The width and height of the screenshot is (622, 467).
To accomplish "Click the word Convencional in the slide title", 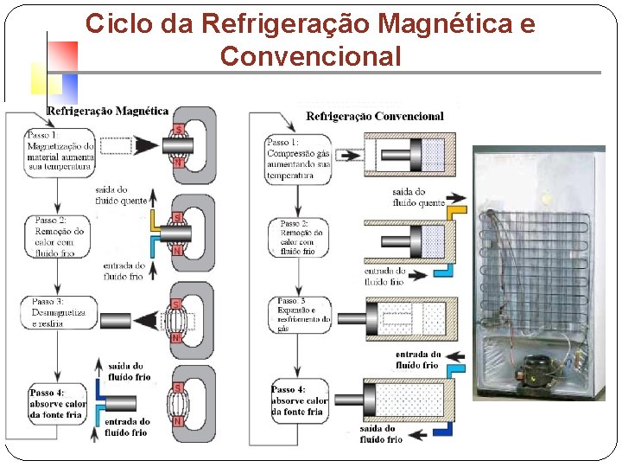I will coord(311,56).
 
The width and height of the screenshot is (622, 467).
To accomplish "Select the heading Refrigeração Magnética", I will coord(107,111).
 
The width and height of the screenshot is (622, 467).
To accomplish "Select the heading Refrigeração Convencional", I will coord(375,115).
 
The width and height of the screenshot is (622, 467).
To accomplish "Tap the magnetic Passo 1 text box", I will coord(57,152).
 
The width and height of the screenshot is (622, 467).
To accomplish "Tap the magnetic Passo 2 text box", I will coord(57,236).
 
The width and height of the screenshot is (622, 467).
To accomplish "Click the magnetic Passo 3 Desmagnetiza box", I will coord(57,312).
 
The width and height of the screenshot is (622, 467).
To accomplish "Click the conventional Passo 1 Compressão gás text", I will coord(299,159).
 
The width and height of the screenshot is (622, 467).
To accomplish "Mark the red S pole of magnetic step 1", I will coord(179,130).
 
